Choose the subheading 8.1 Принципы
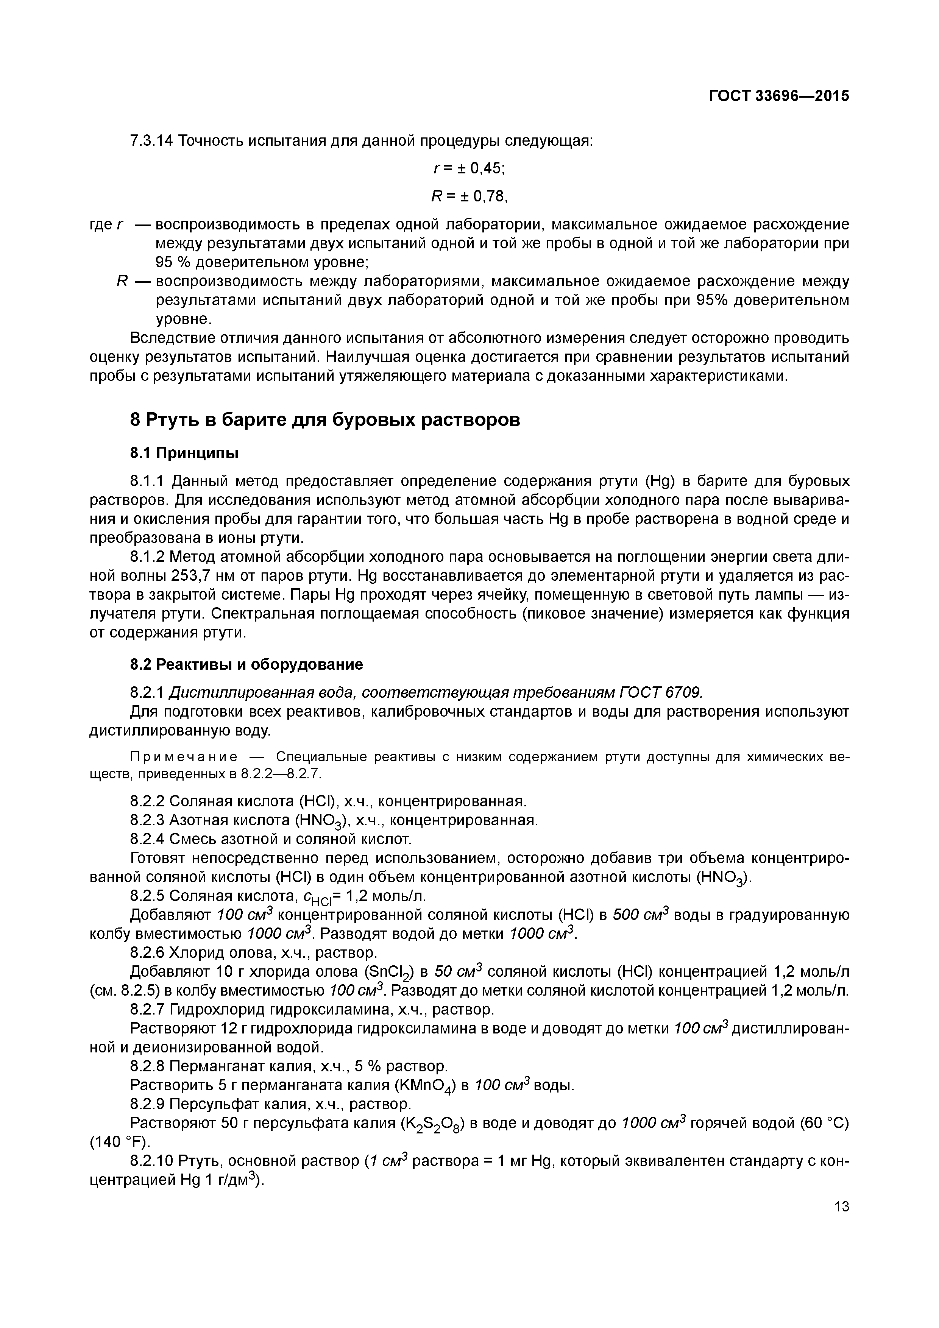(184, 453)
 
